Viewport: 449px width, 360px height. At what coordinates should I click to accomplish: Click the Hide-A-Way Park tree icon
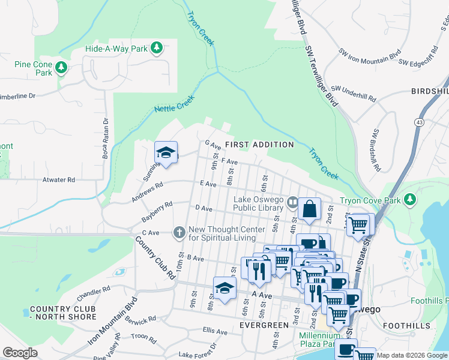156,47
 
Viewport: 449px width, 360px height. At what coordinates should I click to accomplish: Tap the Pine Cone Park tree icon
61,68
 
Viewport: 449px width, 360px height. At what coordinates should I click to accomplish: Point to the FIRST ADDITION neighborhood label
259,145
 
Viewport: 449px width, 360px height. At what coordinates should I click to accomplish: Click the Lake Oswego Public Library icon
292,202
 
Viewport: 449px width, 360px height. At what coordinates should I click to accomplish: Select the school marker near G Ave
166,152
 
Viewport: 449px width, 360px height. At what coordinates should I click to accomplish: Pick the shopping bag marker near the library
310,210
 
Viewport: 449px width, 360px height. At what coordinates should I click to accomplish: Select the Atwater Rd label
58,179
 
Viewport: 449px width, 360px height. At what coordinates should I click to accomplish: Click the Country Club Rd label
153,257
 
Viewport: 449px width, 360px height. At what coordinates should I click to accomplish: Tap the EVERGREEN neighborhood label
264,325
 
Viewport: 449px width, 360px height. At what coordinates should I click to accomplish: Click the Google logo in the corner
20,353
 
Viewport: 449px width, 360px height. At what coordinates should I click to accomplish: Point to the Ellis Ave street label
215,331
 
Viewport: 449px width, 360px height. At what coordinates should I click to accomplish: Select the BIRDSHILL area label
429,91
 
